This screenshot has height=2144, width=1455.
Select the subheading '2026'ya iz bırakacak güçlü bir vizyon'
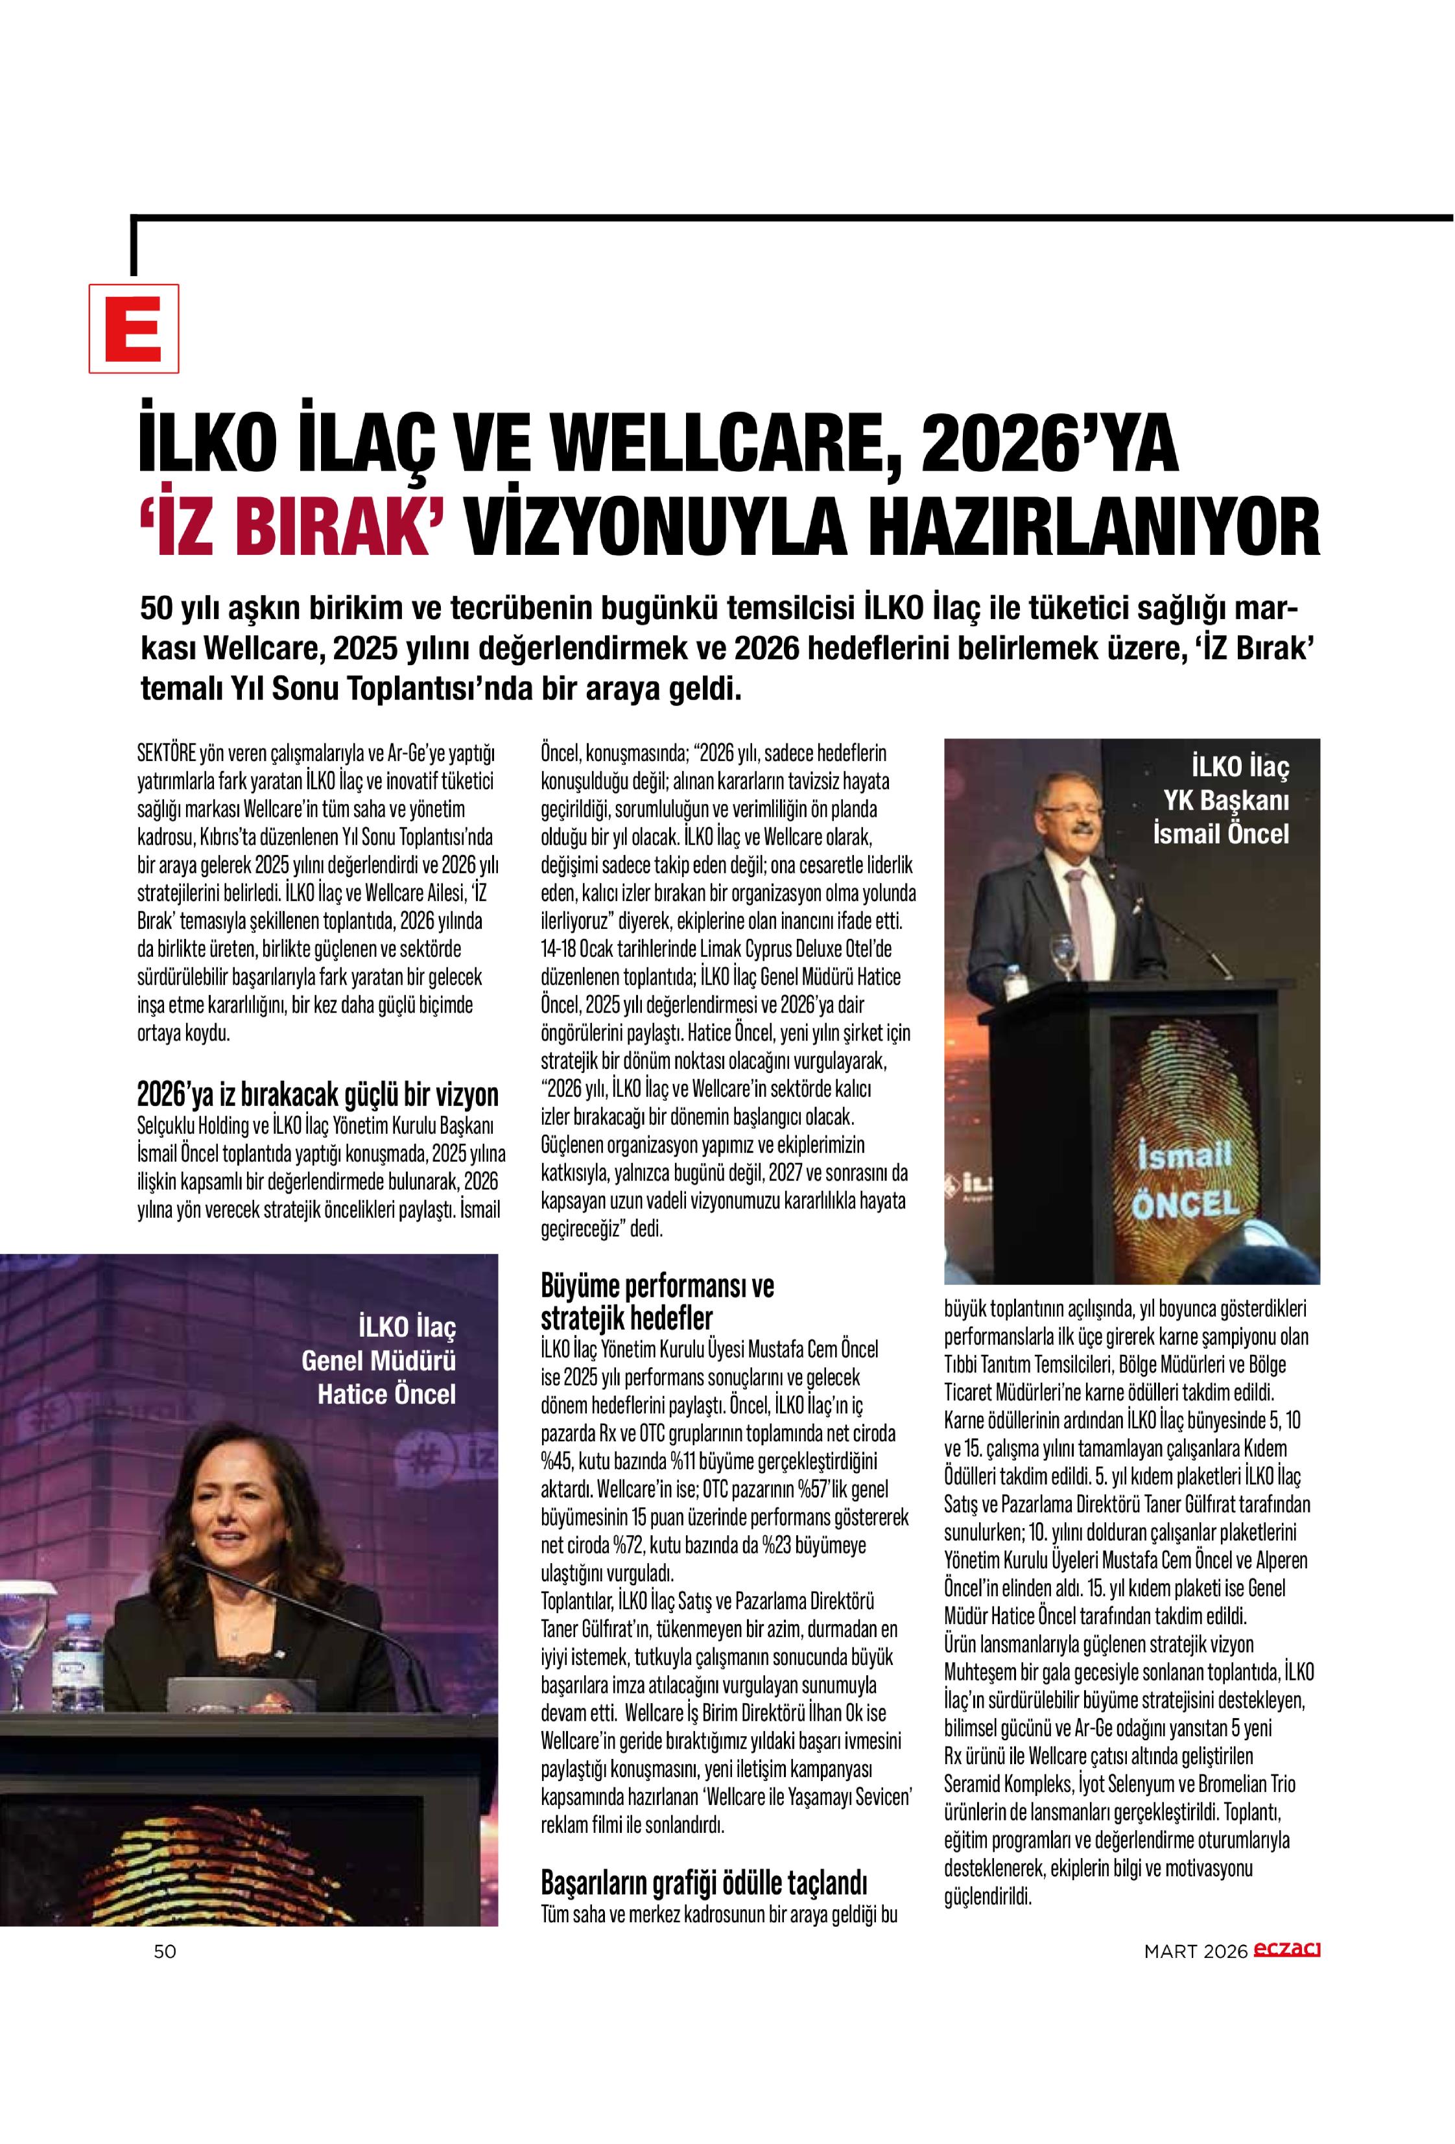coord(317,1094)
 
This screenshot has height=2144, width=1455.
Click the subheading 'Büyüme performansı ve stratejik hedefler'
coord(657,1301)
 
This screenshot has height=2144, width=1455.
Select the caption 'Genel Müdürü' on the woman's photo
coord(378,1360)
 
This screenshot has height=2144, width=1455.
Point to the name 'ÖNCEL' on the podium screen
coord(1185,1204)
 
